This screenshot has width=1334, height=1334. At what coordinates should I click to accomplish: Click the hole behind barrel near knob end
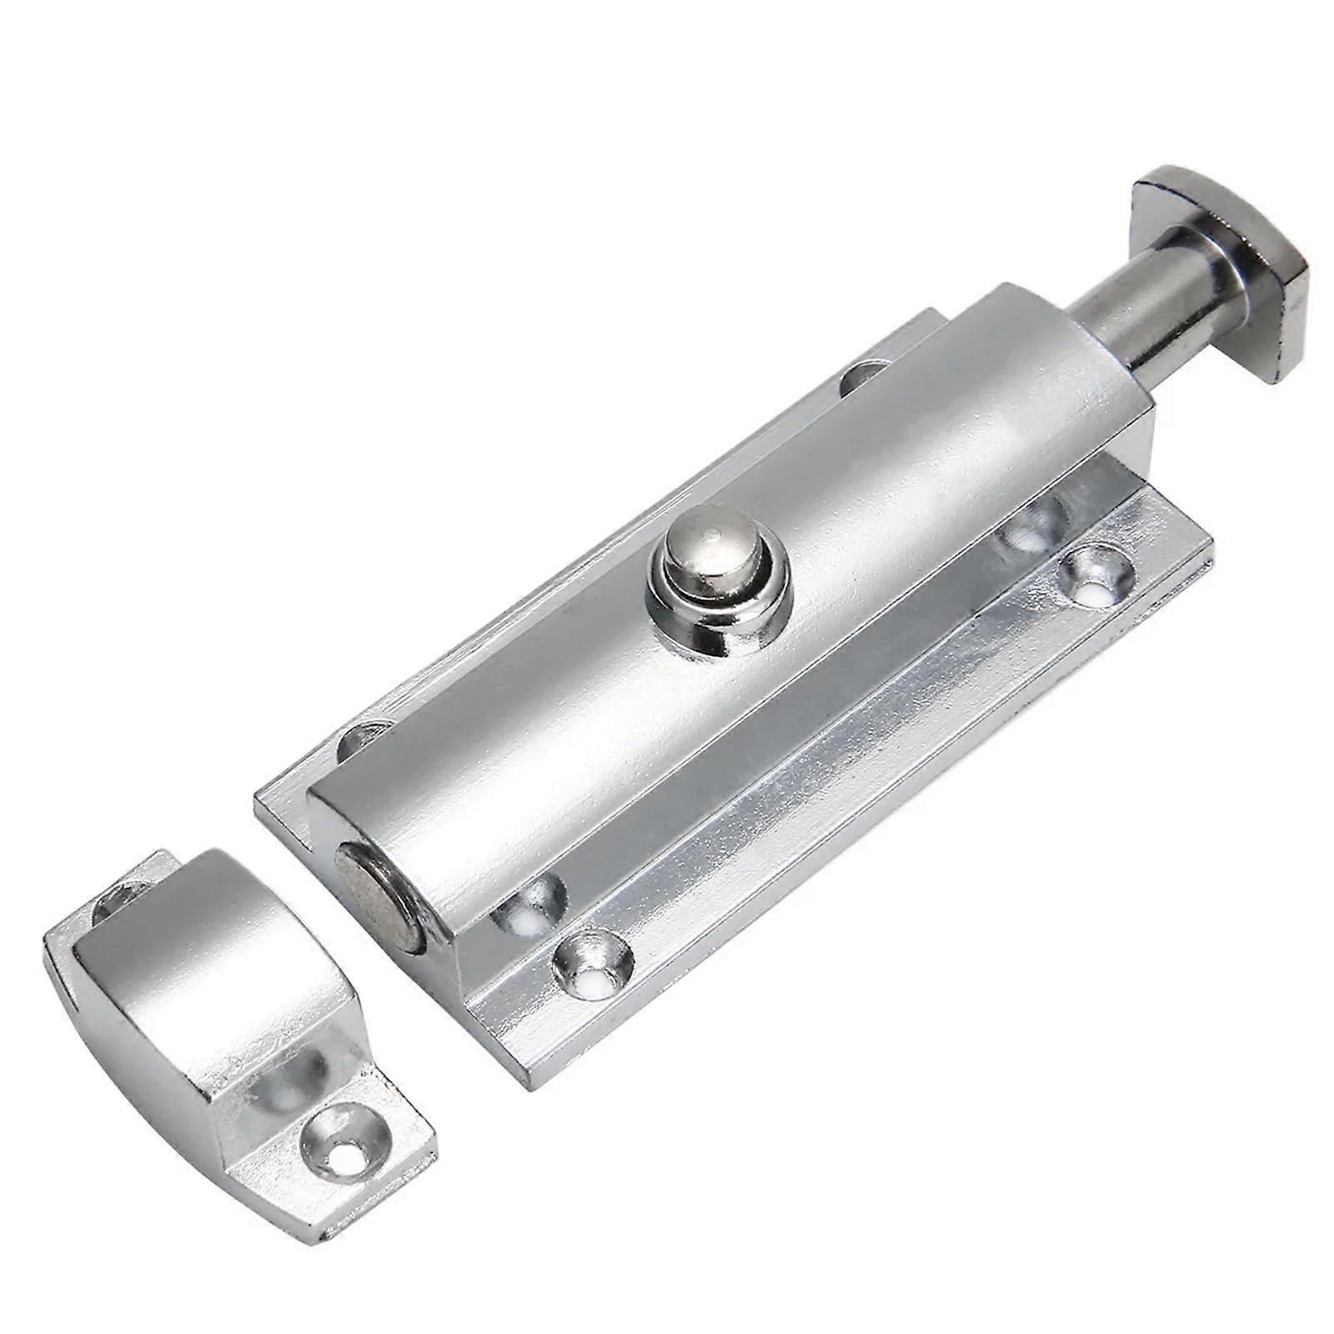coord(859,375)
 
